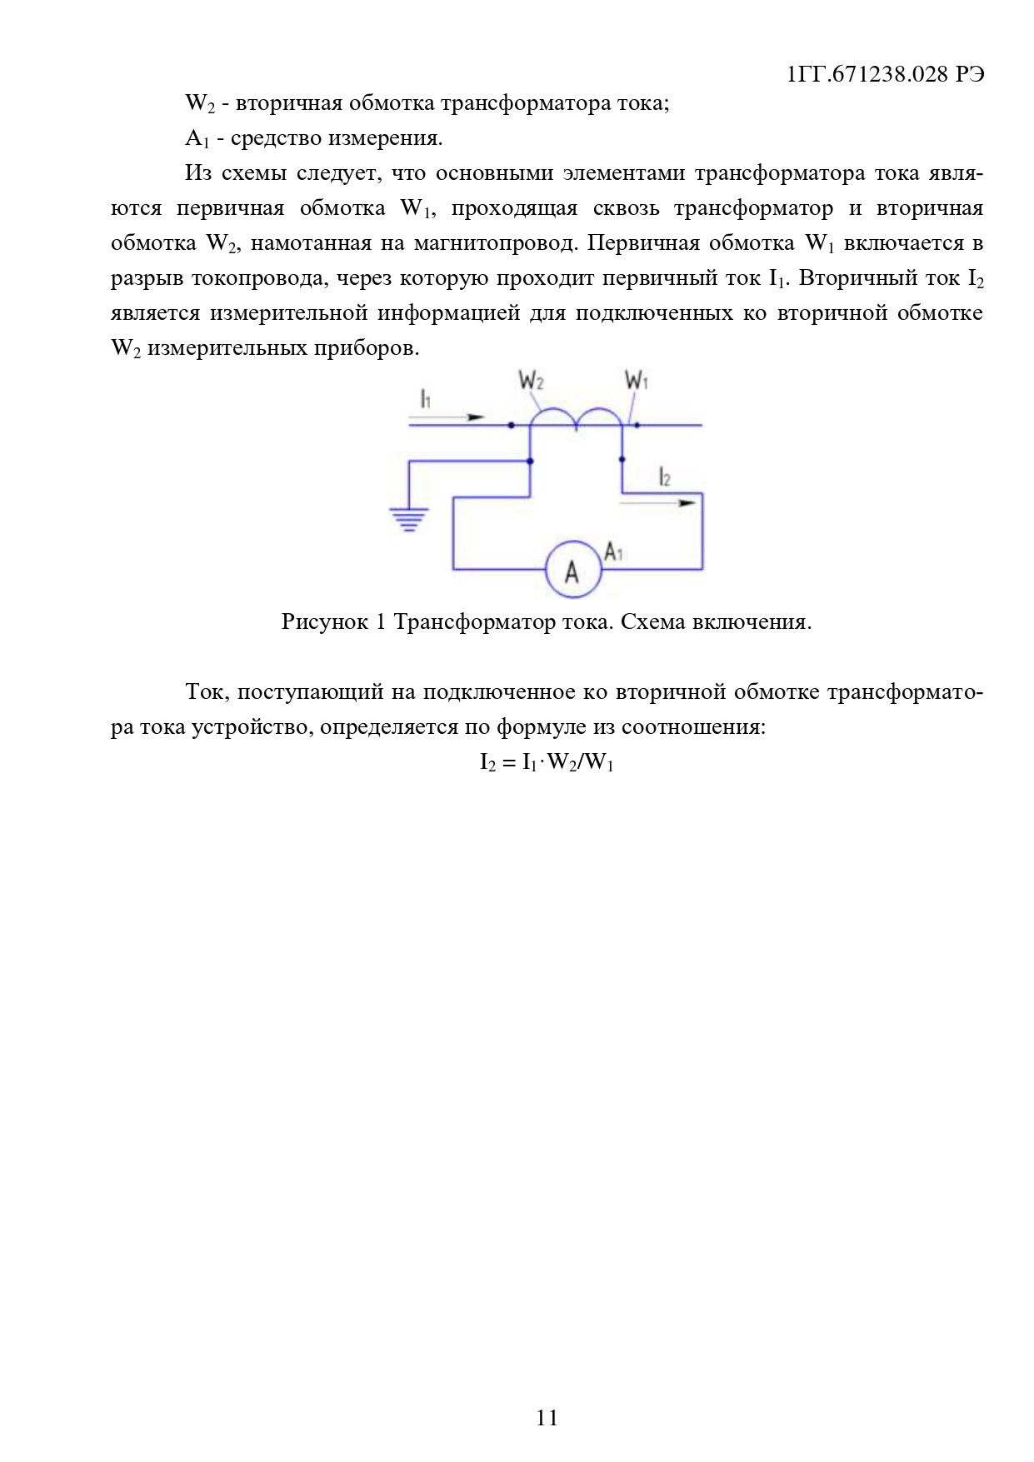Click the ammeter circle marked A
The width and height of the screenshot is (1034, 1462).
coord(572,570)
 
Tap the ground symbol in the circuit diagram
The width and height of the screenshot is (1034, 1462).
coord(408,519)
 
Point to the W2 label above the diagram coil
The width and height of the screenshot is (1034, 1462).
coord(531,382)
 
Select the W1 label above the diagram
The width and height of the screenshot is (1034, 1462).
coord(636,382)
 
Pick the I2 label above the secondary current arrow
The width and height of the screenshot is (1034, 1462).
coord(664,477)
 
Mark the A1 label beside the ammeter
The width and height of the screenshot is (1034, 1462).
coord(613,551)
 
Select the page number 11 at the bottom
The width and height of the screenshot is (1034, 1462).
coord(547,1418)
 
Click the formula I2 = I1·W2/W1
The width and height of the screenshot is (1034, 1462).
coord(547,762)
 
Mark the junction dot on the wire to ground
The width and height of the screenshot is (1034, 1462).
coord(531,461)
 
